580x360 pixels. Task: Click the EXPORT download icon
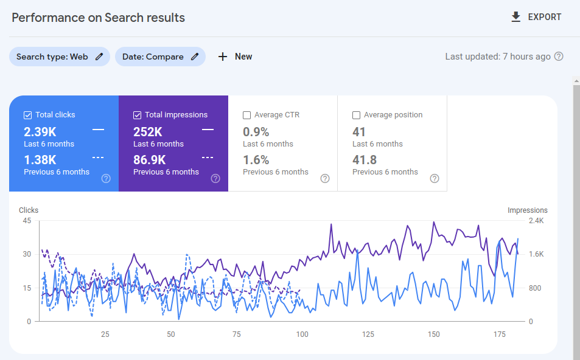coord(515,17)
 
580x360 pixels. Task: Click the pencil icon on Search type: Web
coord(99,57)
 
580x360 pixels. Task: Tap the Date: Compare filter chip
coord(160,57)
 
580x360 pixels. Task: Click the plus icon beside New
coord(222,57)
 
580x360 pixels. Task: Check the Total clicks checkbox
coord(28,115)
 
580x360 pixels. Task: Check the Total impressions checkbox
coord(137,115)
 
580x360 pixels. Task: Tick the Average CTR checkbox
coord(246,115)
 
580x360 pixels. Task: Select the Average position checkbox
coord(356,115)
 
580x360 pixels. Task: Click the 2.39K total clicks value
coord(40,131)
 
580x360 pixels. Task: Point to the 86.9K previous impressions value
coord(150,160)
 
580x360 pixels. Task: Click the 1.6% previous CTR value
coord(256,160)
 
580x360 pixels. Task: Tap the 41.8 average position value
coord(365,160)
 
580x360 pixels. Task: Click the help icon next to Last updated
coord(559,57)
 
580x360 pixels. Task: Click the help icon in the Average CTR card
coord(325,179)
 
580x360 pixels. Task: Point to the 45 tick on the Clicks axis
coord(27,221)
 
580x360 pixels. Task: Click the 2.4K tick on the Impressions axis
coord(536,221)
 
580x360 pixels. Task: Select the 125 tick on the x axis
coord(368,334)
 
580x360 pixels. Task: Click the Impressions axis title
coord(528,210)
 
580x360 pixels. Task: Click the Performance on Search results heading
coord(99,18)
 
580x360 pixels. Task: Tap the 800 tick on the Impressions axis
coord(535,288)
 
